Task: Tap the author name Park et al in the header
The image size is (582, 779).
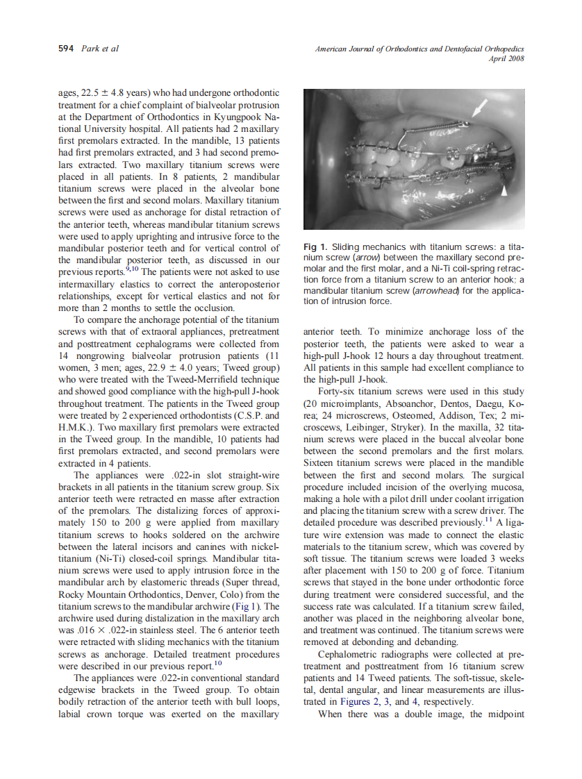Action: point(99,49)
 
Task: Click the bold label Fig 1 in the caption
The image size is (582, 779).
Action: point(315,247)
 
